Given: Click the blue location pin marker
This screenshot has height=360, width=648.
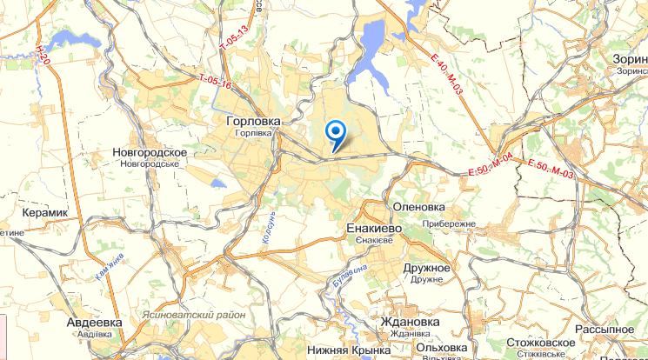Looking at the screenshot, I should tap(335, 133).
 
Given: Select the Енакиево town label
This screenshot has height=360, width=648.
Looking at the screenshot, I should tap(373, 229).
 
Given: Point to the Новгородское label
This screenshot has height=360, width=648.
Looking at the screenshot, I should tap(150, 151).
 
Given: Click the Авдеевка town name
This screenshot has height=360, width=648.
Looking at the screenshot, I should tap(94, 322).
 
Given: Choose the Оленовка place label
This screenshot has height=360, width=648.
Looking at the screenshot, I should tap(419, 208).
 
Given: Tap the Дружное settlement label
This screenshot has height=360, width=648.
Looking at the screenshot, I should tap(426, 268).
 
